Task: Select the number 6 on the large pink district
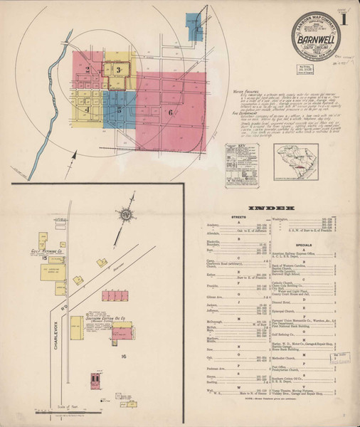[x=170, y=112]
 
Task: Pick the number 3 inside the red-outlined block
[x=118, y=69]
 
